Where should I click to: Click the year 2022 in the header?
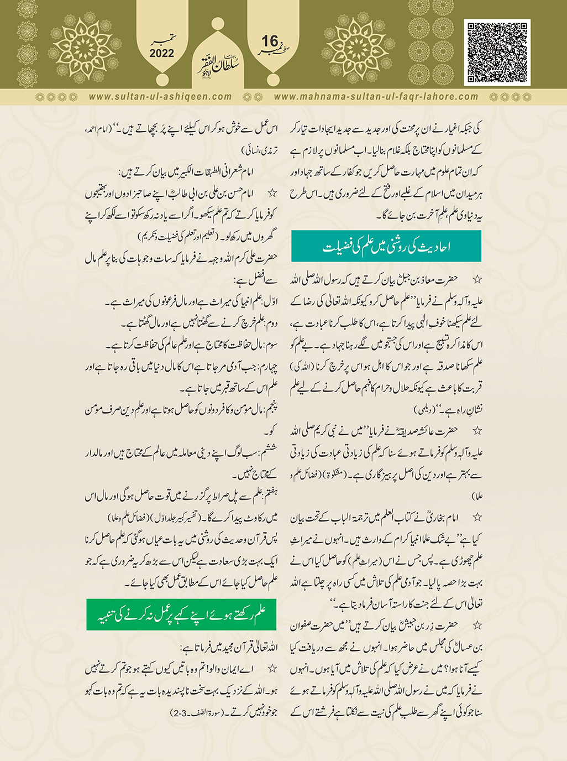click(x=161, y=54)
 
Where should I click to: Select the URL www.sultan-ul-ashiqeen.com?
click(x=160, y=96)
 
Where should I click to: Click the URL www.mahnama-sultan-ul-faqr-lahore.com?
click(x=376, y=96)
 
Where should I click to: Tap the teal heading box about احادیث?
click(x=386, y=246)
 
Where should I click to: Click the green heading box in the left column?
click(x=181, y=613)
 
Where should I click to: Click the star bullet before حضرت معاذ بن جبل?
click(x=477, y=280)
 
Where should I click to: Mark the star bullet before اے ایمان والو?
click(x=272, y=669)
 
